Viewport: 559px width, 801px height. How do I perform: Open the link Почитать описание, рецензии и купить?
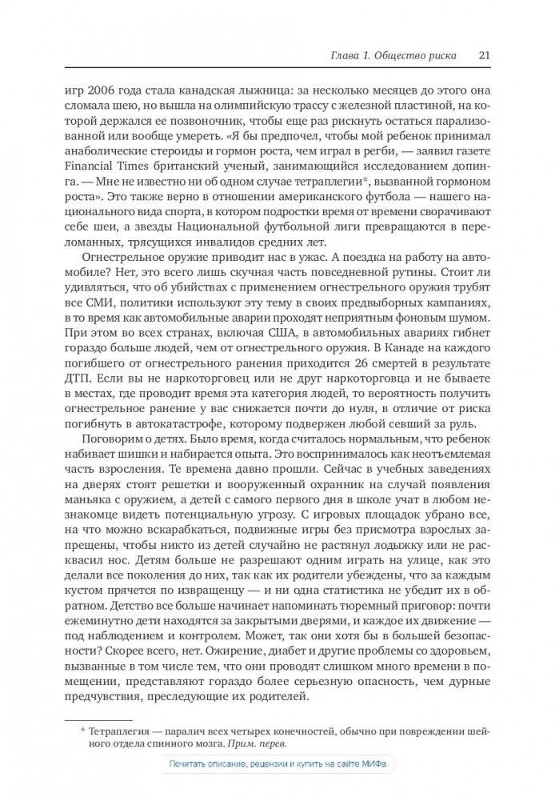[x=278, y=766]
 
